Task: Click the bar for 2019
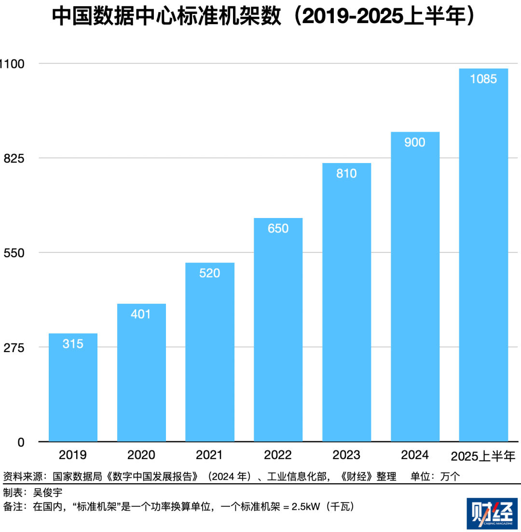click(73, 387)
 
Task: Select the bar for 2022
click(278, 329)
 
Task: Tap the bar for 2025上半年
click(483, 255)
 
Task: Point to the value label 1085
click(483, 79)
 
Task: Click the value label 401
click(141, 314)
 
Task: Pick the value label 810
click(346, 174)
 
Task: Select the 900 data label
click(415, 142)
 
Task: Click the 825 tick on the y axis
click(14, 159)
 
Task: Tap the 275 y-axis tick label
click(14, 348)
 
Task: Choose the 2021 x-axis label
click(209, 455)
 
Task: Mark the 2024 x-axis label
click(415, 455)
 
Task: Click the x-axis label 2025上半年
click(483, 456)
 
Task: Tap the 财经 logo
click(492, 514)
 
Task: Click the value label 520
click(209, 273)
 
